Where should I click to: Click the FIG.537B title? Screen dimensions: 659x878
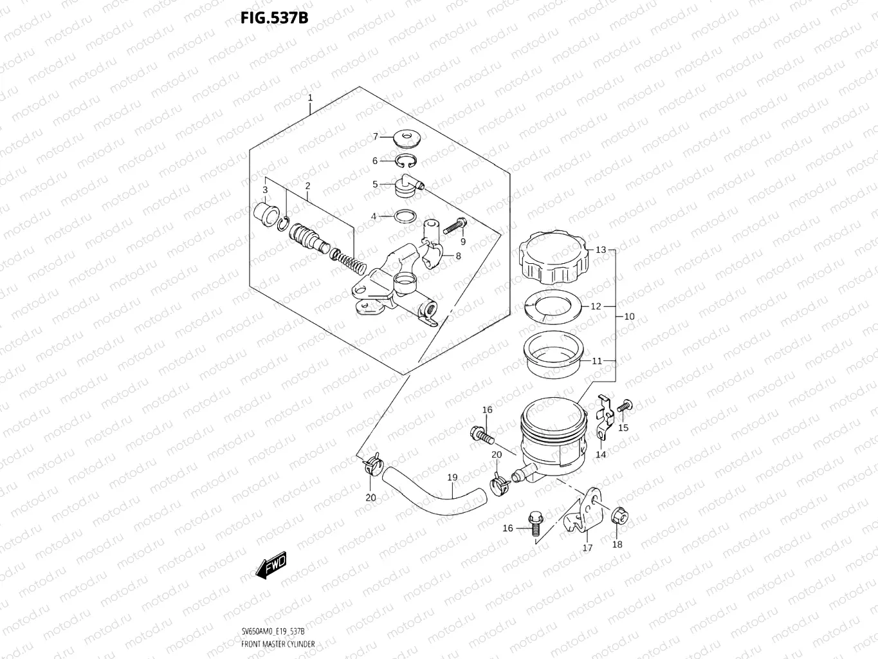(274, 18)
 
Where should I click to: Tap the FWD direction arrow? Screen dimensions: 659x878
(271, 566)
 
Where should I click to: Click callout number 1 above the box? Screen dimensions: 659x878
(310, 98)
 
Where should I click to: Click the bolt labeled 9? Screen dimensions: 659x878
(454, 225)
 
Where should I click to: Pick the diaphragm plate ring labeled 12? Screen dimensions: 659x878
(554, 306)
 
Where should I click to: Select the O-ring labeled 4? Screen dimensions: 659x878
(403, 216)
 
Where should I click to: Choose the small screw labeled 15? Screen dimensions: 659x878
(624, 406)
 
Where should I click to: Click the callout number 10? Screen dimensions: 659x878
(629, 317)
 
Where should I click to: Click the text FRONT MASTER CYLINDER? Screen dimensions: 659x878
(278, 644)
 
